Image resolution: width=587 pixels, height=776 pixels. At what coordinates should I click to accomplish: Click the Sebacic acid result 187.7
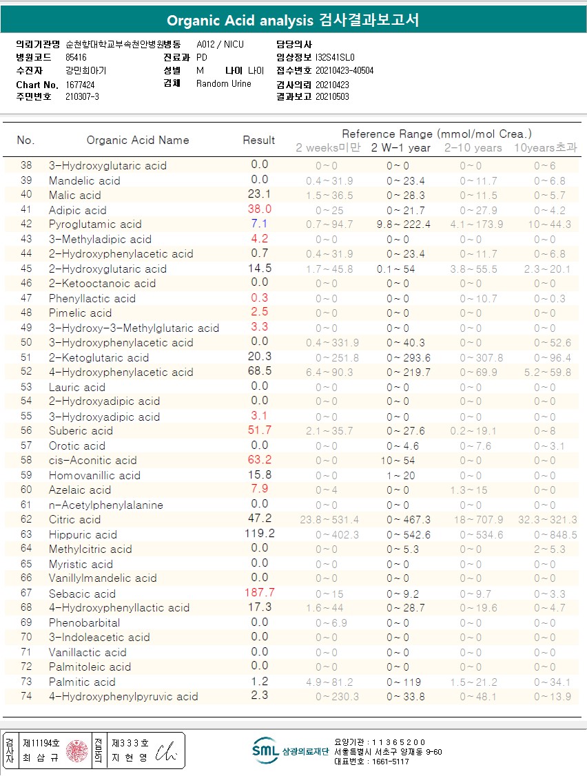[259, 593]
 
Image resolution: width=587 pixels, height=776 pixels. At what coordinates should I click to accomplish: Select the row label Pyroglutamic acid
[95, 224]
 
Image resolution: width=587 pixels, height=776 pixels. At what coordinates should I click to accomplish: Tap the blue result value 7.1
[259, 224]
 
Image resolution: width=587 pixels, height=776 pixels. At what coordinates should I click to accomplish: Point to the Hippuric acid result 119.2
[259, 534]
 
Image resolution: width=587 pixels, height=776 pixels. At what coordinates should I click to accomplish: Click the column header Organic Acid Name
[138, 140]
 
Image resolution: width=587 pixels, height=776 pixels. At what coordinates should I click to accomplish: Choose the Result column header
[259, 140]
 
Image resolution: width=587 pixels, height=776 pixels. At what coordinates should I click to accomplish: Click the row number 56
[26, 431]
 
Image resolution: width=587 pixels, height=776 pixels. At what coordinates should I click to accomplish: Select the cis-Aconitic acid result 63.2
[259, 460]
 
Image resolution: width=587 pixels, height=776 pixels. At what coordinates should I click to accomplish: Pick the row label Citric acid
[74, 520]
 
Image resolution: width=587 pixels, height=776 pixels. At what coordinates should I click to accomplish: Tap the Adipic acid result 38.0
[259, 209]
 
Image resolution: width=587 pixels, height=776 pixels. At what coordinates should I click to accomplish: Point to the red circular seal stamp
[76, 751]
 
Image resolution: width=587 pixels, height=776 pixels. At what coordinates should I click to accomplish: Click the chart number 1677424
[81, 85]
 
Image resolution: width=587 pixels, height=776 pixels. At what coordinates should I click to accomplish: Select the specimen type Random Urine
[224, 84]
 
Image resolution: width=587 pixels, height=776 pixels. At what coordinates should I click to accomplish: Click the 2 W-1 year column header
[401, 148]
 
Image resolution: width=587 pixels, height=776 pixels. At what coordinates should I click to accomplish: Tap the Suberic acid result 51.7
[259, 430]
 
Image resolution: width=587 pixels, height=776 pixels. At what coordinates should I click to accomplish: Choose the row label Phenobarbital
[84, 623]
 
